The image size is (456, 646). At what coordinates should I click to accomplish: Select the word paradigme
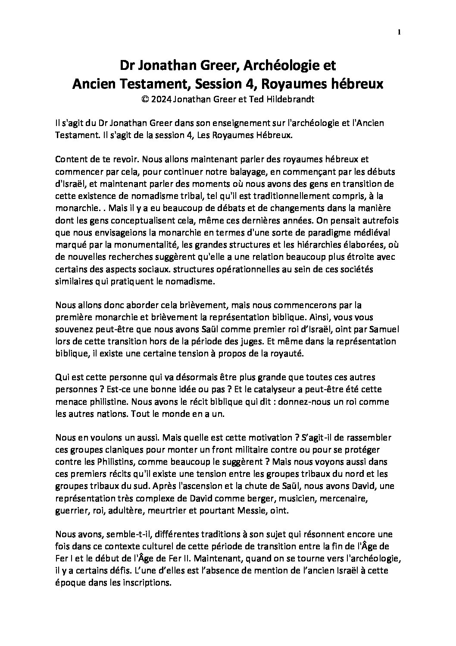click(x=325, y=233)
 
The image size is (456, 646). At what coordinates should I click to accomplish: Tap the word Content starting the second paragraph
click(x=71, y=159)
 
